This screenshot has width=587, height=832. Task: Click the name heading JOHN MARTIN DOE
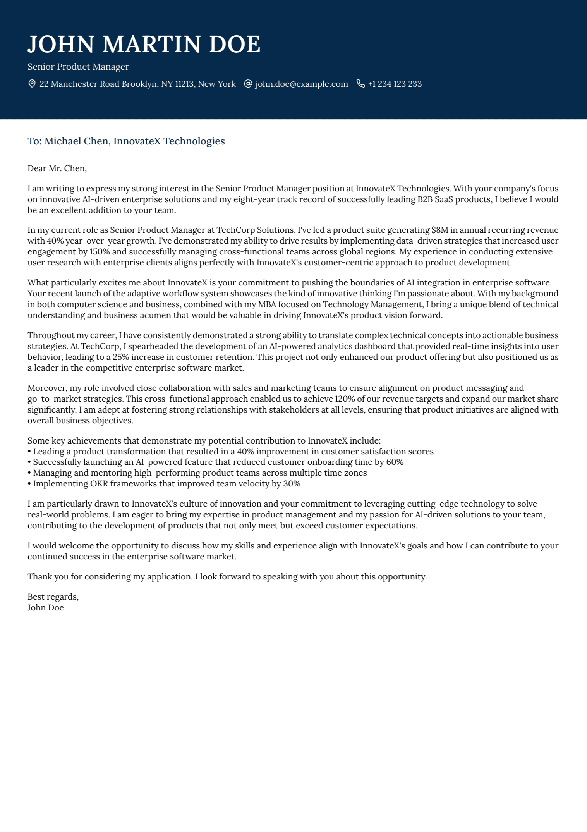click(x=144, y=44)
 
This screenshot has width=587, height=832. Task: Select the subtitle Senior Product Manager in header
click(x=78, y=67)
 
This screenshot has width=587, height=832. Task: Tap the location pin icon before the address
click(x=32, y=84)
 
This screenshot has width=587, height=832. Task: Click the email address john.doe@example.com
click(x=301, y=84)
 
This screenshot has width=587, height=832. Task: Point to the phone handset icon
click(x=360, y=84)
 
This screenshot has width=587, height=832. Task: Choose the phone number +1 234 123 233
click(x=395, y=84)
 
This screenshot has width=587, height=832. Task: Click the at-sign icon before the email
click(x=248, y=84)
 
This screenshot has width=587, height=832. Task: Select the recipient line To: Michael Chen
click(x=126, y=141)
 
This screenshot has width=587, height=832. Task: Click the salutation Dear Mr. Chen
click(x=57, y=168)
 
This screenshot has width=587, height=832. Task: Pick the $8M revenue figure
click(x=439, y=230)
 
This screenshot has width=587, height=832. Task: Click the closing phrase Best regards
click(x=53, y=597)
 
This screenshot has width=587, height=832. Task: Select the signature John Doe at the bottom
click(x=46, y=608)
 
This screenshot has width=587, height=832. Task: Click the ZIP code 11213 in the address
click(x=184, y=84)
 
